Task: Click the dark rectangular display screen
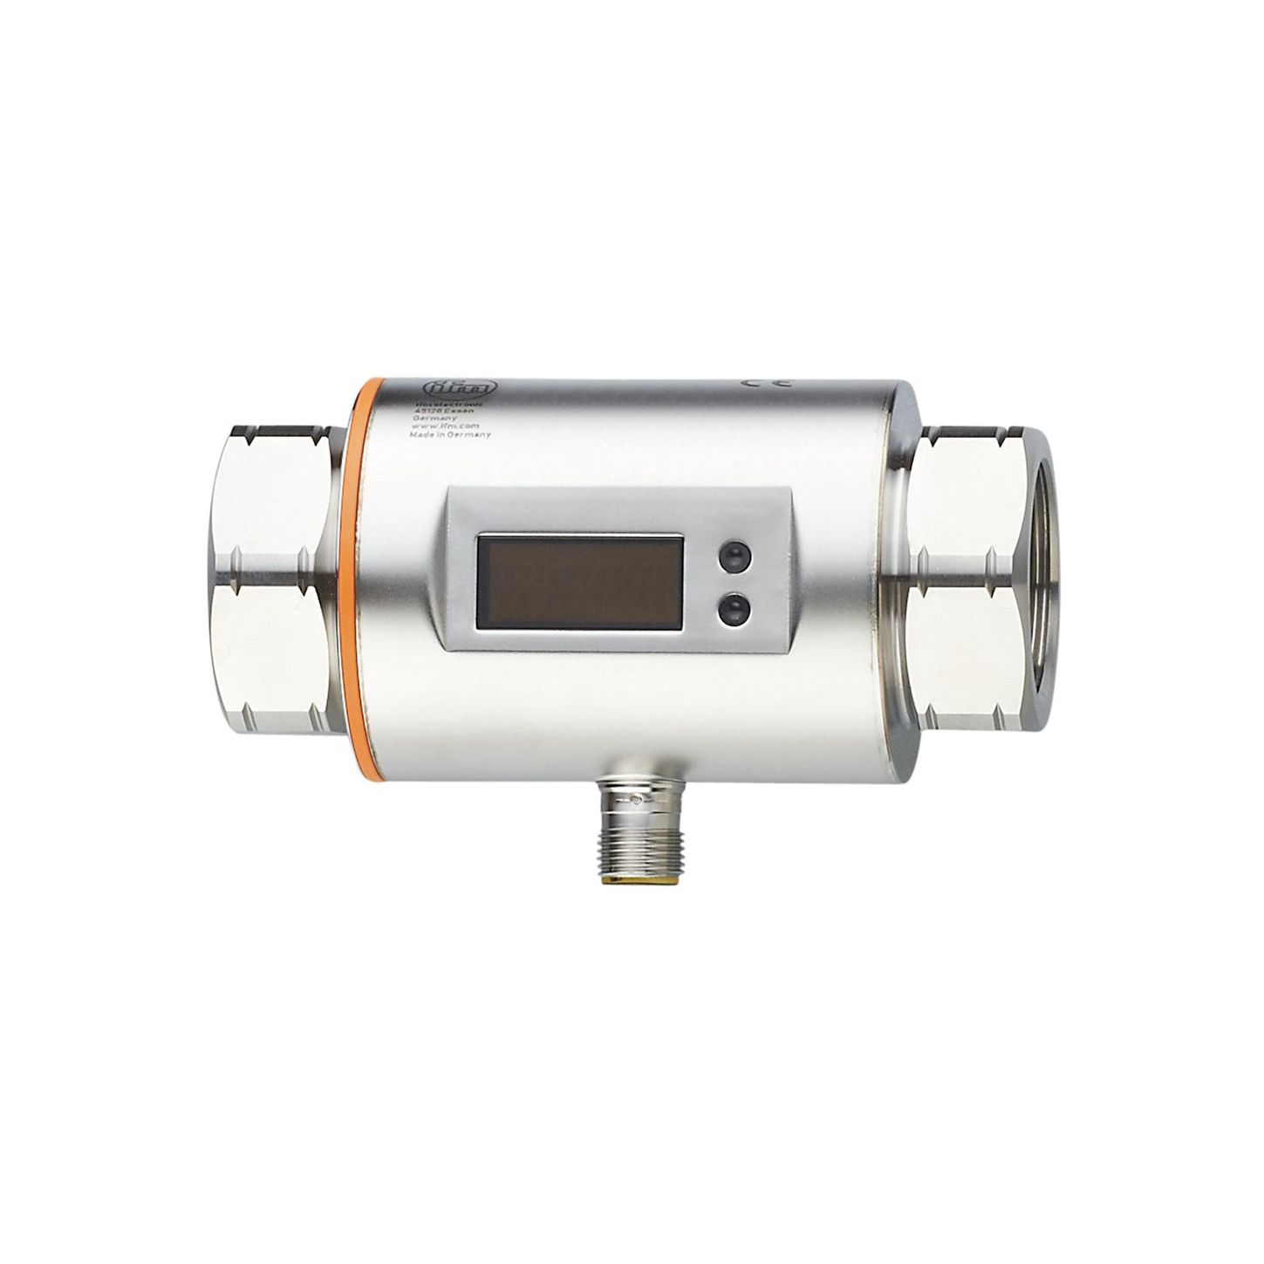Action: (578, 582)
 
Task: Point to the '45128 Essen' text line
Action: (443, 412)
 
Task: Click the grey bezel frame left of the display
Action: (461, 582)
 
